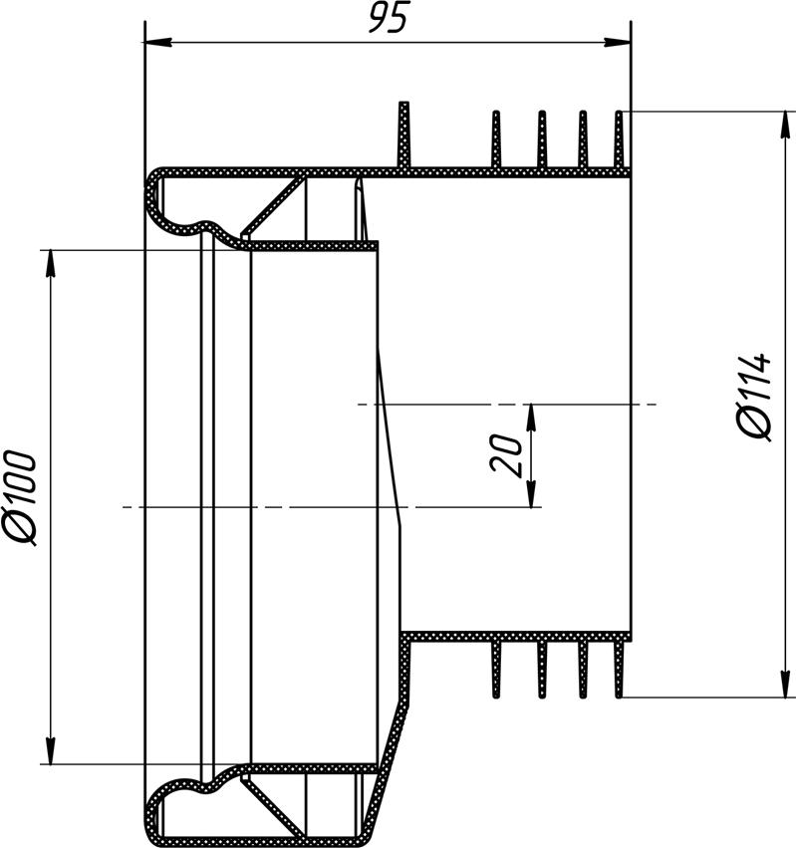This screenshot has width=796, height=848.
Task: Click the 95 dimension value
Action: click(x=387, y=17)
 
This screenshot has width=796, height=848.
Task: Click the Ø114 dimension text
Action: click(x=753, y=397)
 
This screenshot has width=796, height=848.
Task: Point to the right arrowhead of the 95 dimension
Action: click(x=617, y=42)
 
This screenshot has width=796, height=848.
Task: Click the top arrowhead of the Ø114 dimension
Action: click(x=785, y=125)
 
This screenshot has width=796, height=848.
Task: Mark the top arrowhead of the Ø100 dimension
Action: click(x=51, y=263)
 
